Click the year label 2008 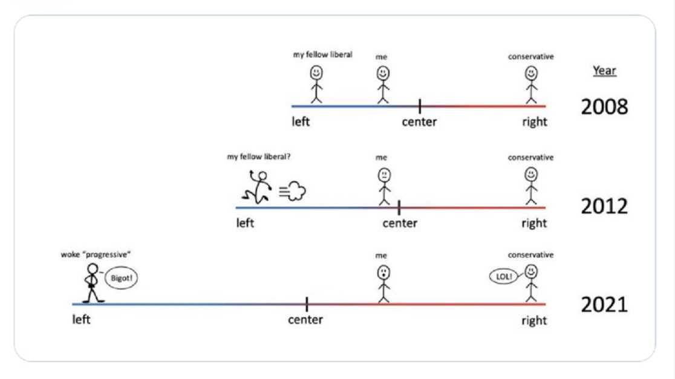point(604,106)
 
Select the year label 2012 point(604,207)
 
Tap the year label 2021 point(604,305)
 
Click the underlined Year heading point(604,70)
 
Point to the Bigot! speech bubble point(121,278)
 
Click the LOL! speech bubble point(503,277)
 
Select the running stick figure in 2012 point(257,187)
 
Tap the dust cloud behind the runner point(293,191)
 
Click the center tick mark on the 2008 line point(420,106)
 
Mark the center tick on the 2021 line point(307,304)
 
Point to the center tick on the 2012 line point(399,208)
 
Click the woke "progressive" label point(96,254)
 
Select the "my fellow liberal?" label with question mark point(259,157)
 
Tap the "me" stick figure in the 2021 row point(383,284)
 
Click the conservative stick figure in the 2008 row point(531,85)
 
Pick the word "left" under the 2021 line point(82,320)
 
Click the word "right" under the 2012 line point(534,223)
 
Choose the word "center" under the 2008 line point(419,121)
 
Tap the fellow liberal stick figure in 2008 point(316,84)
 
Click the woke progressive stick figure point(92,283)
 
